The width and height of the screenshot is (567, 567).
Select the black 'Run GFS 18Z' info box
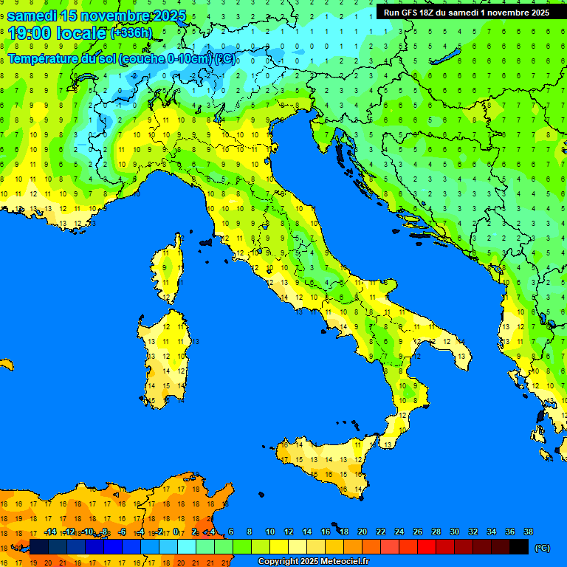coord(466,12)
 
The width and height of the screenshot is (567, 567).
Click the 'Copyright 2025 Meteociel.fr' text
coord(312,562)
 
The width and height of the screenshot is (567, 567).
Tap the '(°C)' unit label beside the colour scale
coord(543,548)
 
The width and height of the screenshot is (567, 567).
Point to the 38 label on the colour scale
coord(529,532)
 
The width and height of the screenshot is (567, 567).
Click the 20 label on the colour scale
coord(362,532)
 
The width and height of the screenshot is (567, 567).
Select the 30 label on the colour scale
coord(455,532)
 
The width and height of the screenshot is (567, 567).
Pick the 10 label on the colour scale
coord(270,532)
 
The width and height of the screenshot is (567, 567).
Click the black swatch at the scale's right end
coord(519,547)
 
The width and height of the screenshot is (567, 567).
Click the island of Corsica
coord(169,269)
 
